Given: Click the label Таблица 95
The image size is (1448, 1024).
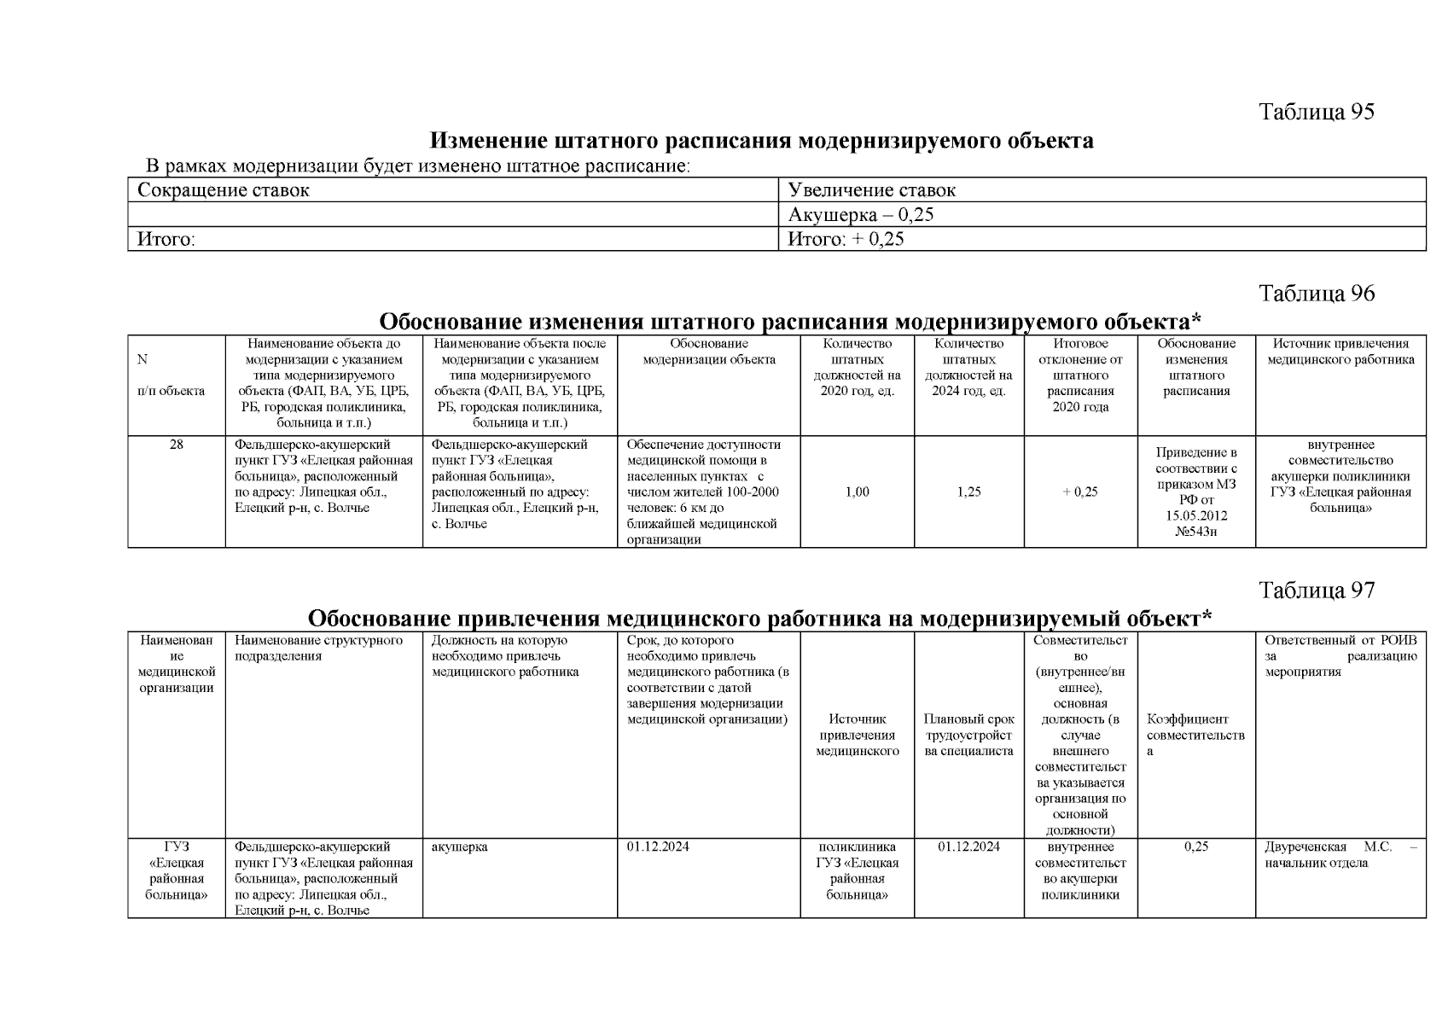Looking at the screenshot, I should click(x=1317, y=113).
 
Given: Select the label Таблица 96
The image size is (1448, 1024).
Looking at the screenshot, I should click(x=1317, y=294).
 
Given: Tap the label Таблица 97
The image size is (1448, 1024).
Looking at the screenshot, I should click(x=1317, y=591).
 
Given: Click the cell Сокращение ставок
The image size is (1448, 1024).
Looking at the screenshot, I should click(x=224, y=190).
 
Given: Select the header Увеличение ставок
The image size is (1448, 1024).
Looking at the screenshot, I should click(x=871, y=190).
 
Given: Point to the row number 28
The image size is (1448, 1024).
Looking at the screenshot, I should click(x=177, y=445).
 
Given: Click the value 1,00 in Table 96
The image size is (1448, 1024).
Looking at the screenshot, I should click(x=857, y=492).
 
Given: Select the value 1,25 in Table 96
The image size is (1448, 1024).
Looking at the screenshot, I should click(x=968, y=492).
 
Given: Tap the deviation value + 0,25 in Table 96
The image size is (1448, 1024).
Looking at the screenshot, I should click(x=1080, y=492).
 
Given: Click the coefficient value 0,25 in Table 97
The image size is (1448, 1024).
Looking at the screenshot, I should click(x=1195, y=847).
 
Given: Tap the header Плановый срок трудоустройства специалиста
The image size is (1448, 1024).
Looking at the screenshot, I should click(x=968, y=735).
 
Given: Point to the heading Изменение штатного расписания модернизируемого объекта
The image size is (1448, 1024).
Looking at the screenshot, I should click(x=760, y=141).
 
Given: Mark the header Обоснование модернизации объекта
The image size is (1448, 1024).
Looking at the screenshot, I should click(x=708, y=352).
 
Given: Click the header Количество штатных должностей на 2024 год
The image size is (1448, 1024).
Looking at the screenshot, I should click(x=968, y=367).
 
